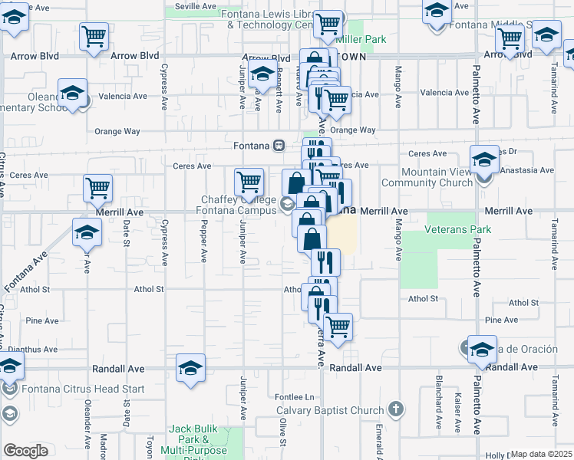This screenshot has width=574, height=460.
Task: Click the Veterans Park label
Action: [459, 229]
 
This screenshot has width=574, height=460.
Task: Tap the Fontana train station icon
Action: [279, 145]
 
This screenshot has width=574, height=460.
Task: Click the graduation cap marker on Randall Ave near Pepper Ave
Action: [190, 369]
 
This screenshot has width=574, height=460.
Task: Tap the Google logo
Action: [25, 451]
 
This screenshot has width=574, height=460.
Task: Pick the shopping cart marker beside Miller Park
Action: [328, 25]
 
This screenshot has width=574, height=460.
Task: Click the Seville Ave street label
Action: [196, 5]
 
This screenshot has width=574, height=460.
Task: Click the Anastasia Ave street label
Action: [526, 171]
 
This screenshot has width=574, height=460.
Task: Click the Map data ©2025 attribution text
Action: [542, 454]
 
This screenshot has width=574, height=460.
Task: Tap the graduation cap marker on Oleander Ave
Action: [87, 232]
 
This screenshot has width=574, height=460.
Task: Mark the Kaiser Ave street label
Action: [457, 415]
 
